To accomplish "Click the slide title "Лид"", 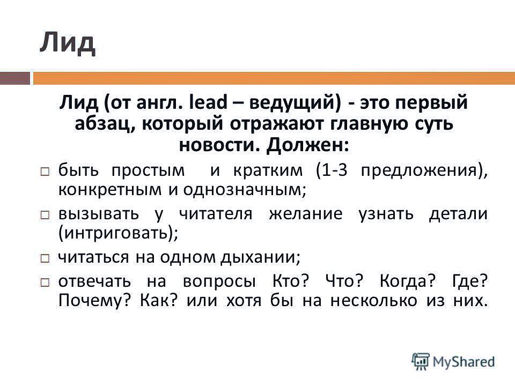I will [x=67, y=42].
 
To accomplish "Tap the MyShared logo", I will [x=453, y=361].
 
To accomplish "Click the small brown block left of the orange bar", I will [x=14, y=79].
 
